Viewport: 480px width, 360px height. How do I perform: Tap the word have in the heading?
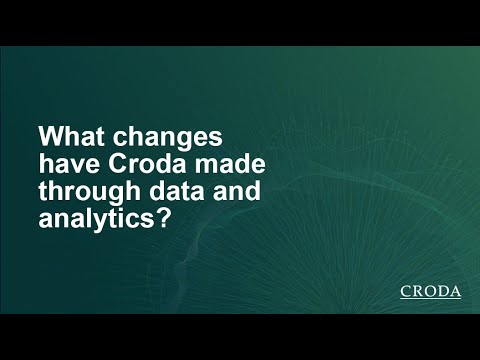tap(63, 163)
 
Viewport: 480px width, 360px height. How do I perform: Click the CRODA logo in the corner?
tap(430, 292)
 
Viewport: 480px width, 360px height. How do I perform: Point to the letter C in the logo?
tap(406, 292)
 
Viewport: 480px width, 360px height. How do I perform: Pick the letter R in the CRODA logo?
tap(418, 292)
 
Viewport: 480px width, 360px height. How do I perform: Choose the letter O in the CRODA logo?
tap(430, 292)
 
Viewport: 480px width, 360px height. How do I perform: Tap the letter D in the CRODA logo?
tap(443, 292)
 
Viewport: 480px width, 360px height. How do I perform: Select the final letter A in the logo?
tap(455, 292)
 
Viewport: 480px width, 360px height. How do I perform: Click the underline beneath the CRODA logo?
tap(430, 301)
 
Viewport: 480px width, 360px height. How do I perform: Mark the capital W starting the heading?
tap(48, 135)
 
